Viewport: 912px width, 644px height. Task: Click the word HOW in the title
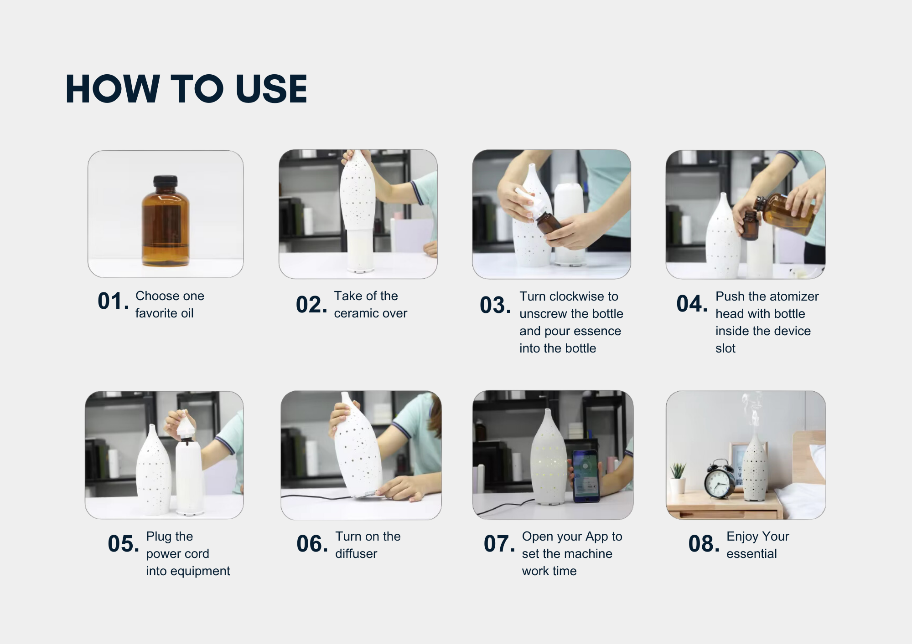(112, 89)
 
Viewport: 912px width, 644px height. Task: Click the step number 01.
(113, 302)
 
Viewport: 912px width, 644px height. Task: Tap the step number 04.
(692, 304)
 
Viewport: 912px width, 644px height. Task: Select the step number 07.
(499, 544)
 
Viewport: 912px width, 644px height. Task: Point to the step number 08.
(704, 544)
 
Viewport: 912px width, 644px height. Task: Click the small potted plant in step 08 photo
(678, 478)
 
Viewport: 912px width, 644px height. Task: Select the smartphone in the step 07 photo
(586, 476)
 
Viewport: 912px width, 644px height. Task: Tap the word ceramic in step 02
(357, 313)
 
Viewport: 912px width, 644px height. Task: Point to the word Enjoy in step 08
(741, 537)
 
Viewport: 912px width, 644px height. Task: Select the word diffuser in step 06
(356, 554)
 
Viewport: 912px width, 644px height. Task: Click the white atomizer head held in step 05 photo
(186, 425)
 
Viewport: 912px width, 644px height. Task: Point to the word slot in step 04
(725, 348)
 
